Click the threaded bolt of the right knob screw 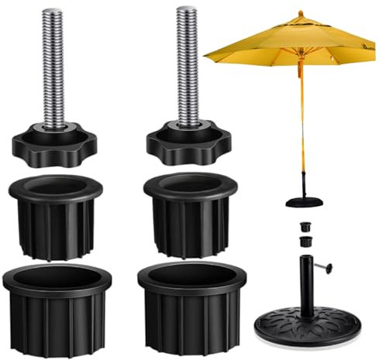(188, 66)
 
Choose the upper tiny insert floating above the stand (305, 228)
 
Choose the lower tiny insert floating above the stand (306, 242)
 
